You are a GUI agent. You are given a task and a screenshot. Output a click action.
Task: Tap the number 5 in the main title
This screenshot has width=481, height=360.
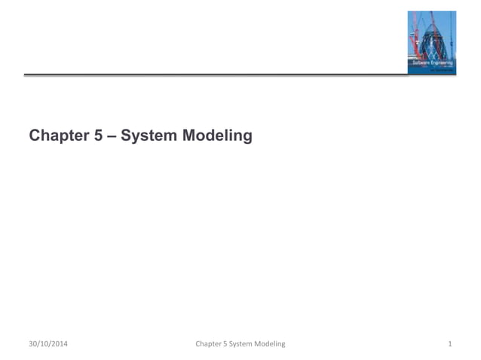point(103,136)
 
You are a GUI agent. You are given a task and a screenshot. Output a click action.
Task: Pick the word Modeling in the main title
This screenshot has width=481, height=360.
point(217,136)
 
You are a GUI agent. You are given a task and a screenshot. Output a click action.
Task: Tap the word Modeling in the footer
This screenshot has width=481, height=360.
point(272,344)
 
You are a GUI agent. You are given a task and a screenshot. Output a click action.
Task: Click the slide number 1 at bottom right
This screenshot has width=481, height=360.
point(449,344)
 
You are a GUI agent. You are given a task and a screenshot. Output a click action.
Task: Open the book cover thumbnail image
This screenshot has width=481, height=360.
point(432,42)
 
